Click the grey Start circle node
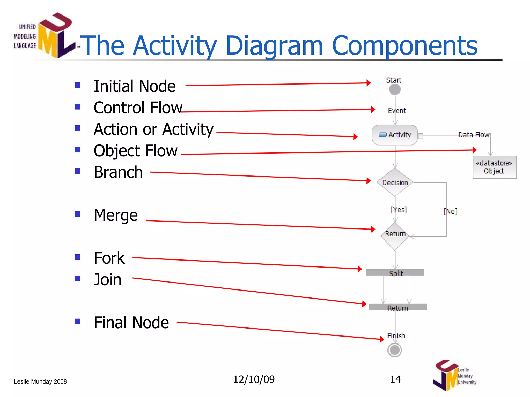[x=395, y=90]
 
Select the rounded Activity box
[x=395, y=135]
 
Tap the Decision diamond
[x=395, y=182]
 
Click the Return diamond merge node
[x=395, y=235]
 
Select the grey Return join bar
[x=398, y=307]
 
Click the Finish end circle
[x=395, y=350]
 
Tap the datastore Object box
[x=494, y=167]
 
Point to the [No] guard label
[x=450, y=211]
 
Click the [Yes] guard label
[x=399, y=210]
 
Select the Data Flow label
[x=474, y=135]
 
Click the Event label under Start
[x=397, y=111]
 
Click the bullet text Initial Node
[x=135, y=86]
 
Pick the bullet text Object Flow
[x=136, y=151]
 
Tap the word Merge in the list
[x=116, y=215]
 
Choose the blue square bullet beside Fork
[x=77, y=257]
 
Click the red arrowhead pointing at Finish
[x=381, y=339]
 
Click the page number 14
[x=395, y=379]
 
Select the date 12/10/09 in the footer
[x=254, y=379]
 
